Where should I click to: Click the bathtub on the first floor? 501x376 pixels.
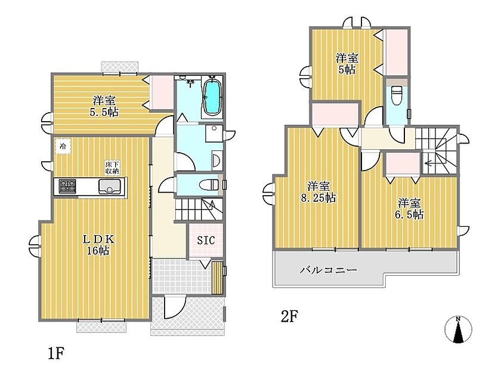pos(211,97)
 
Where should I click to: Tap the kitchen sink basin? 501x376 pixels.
pos(110,186)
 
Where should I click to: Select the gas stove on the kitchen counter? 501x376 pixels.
pos(67,187)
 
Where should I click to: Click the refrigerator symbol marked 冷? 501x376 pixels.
pos(63,146)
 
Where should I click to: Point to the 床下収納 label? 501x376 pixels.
pos(112,168)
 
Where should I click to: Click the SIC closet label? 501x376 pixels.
pos(205,240)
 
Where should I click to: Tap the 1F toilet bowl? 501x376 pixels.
pos(209,185)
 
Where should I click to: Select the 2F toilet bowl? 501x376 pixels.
pos(397,95)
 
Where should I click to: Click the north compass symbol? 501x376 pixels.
pos(459,329)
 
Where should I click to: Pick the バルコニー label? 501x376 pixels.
pos(328,270)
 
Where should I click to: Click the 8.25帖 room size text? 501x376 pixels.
pos(318,198)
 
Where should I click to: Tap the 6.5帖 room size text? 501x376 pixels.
pos(409,214)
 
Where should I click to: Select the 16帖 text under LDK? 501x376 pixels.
pos(98,251)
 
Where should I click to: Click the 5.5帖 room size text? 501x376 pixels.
pos(104,112)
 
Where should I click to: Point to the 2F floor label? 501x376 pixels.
pos(289,316)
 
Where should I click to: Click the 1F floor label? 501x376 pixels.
pos(57,353)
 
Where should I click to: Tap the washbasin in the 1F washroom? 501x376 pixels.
pos(217,160)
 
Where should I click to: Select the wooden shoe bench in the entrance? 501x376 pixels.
pos(217,278)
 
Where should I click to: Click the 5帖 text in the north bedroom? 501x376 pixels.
pos(347,69)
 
